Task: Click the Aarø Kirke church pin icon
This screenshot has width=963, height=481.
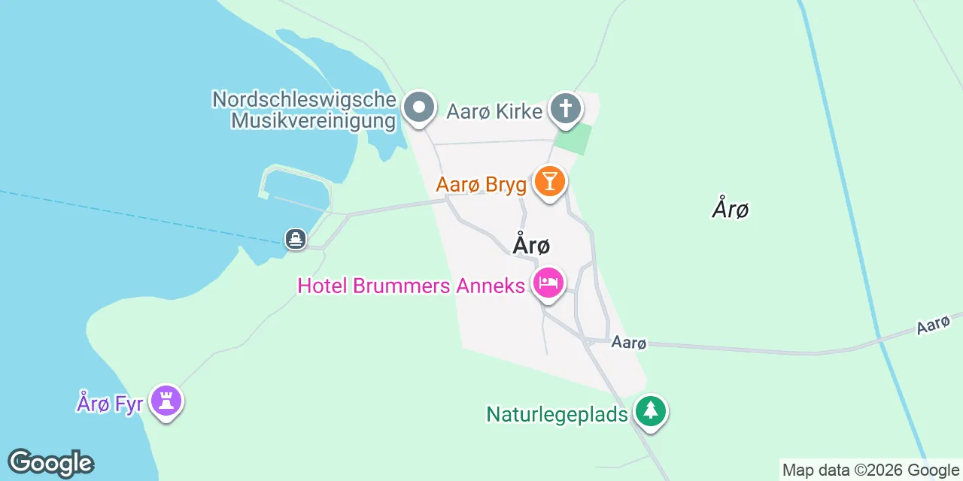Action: (x=566, y=109)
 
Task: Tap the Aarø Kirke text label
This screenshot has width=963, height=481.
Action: (x=494, y=112)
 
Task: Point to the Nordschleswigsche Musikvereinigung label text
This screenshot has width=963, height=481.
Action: (x=304, y=110)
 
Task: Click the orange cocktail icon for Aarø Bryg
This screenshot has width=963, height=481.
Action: (x=550, y=182)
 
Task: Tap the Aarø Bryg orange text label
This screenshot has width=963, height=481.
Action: (x=481, y=184)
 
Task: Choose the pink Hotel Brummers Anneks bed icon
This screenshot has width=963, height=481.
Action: (x=549, y=283)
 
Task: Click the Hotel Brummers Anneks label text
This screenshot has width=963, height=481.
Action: (x=411, y=286)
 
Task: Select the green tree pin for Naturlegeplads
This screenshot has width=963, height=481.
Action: (x=651, y=411)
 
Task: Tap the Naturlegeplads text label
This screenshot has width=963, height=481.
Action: (x=557, y=414)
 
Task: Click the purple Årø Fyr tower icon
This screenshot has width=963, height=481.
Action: (x=166, y=401)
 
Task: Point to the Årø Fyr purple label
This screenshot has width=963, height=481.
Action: (x=109, y=403)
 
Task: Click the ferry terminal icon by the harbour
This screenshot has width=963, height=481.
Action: (x=296, y=239)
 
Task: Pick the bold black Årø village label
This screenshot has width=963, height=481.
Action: (x=531, y=245)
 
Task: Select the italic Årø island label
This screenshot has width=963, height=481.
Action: (x=730, y=208)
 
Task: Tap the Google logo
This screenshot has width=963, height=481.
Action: (x=50, y=463)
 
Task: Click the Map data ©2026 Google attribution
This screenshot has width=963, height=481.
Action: (x=870, y=470)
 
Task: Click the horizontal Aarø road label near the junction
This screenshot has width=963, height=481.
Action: (x=629, y=343)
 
